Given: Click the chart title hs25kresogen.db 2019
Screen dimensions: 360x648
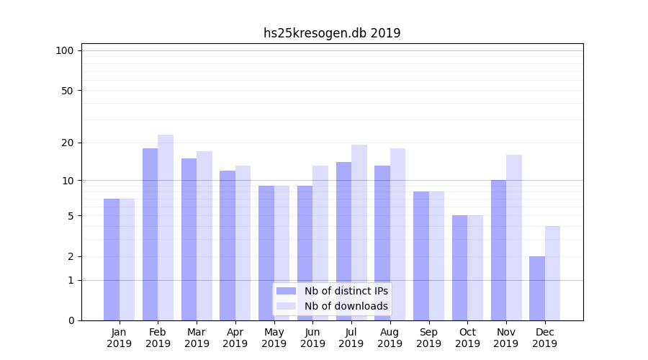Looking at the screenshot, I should click(x=332, y=33).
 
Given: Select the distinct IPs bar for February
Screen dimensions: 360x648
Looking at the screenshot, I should click(x=150, y=234).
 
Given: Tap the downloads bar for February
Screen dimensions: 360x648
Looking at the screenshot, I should click(x=166, y=228).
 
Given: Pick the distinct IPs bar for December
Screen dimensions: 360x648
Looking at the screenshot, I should click(x=537, y=288).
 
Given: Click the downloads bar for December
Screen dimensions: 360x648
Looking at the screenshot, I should click(x=552, y=273).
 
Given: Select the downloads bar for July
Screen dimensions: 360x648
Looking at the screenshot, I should click(x=359, y=233).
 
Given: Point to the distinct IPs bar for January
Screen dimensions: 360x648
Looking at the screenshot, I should click(x=112, y=259).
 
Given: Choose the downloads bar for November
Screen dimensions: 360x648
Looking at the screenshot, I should click(x=514, y=238).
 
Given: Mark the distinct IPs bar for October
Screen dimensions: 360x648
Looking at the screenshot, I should click(x=459, y=268).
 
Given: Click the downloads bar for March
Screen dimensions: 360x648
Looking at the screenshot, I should click(x=204, y=235).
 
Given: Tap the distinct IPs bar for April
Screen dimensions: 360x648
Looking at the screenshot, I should click(x=228, y=246).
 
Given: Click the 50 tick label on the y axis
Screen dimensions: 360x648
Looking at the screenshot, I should click(x=68, y=91).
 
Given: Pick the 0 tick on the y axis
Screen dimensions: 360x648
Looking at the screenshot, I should click(x=71, y=320).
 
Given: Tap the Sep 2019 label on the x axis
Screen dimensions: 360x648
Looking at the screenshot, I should click(x=428, y=338).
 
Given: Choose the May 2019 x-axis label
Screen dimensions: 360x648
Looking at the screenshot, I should click(x=274, y=338).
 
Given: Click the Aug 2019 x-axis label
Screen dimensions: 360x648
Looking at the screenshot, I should click(x=390, y=338).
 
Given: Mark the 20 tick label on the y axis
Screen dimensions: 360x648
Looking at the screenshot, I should click(x=68, y=143).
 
